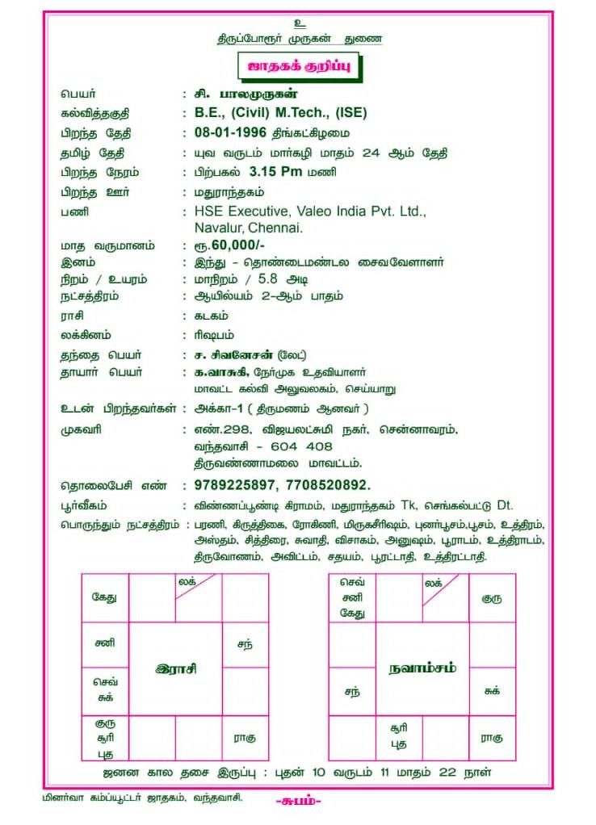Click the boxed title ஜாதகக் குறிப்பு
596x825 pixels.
(x=297, y=67)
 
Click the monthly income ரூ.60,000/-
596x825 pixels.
(x=230, y=245)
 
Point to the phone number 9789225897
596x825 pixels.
(x=231, y=485)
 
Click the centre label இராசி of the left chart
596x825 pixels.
(x=176, y=668)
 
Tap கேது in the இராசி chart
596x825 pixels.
(x=104, y=598)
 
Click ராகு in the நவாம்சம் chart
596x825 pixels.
(x=492, y=737)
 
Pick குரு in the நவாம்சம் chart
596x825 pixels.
(x=492, y=599)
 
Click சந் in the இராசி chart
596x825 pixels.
(x=243, y=644)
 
